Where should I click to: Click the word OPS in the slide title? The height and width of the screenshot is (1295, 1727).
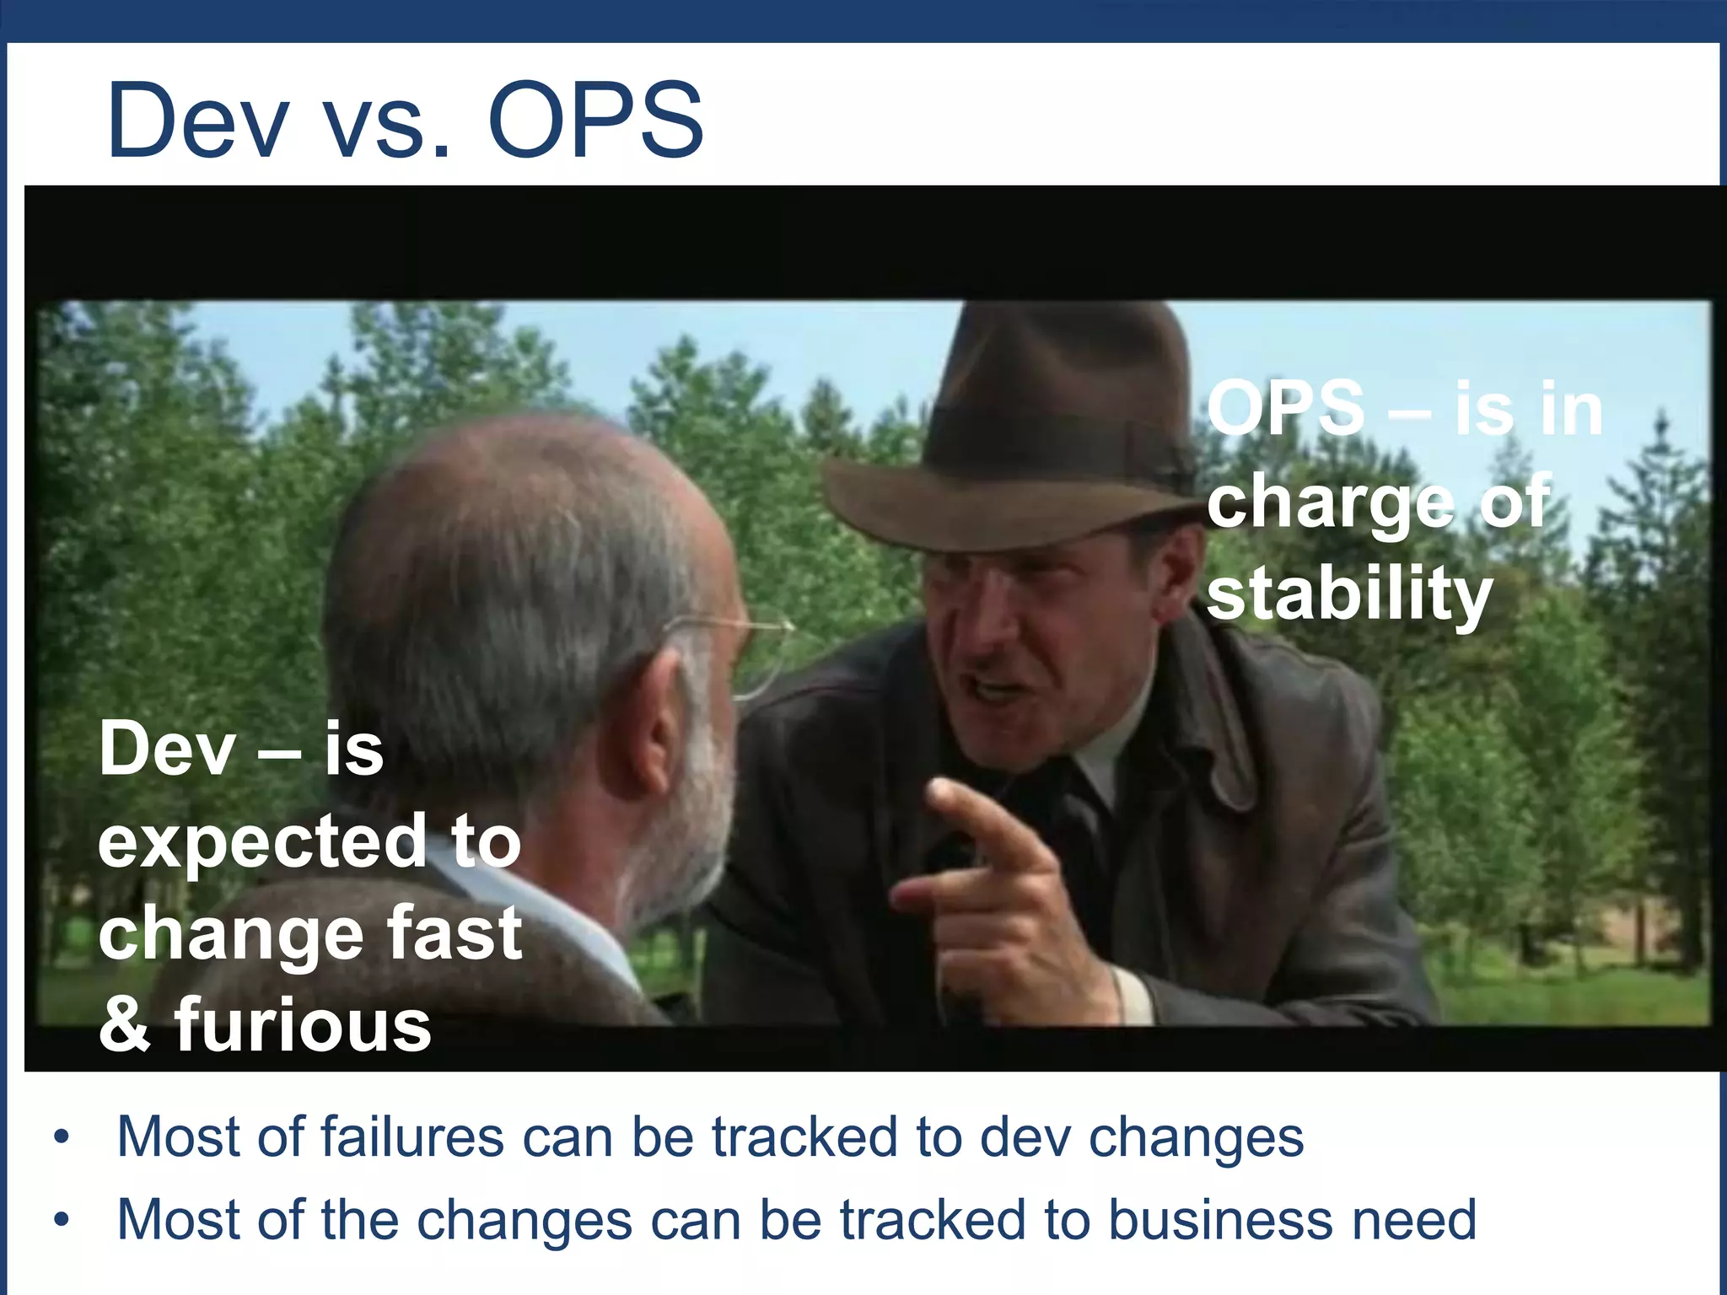pos(595,120)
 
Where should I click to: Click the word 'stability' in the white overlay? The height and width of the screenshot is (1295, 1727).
pos(1349,594)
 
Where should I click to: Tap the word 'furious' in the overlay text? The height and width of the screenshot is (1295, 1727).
pos(304,1025)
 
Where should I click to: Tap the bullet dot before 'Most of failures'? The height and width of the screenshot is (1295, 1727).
pos(61,1138)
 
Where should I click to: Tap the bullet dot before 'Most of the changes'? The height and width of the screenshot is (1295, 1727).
pos(61,1220)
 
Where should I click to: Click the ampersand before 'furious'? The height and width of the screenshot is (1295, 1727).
pos(125,1025)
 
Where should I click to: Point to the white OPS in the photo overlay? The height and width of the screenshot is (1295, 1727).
pos(1285,409)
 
